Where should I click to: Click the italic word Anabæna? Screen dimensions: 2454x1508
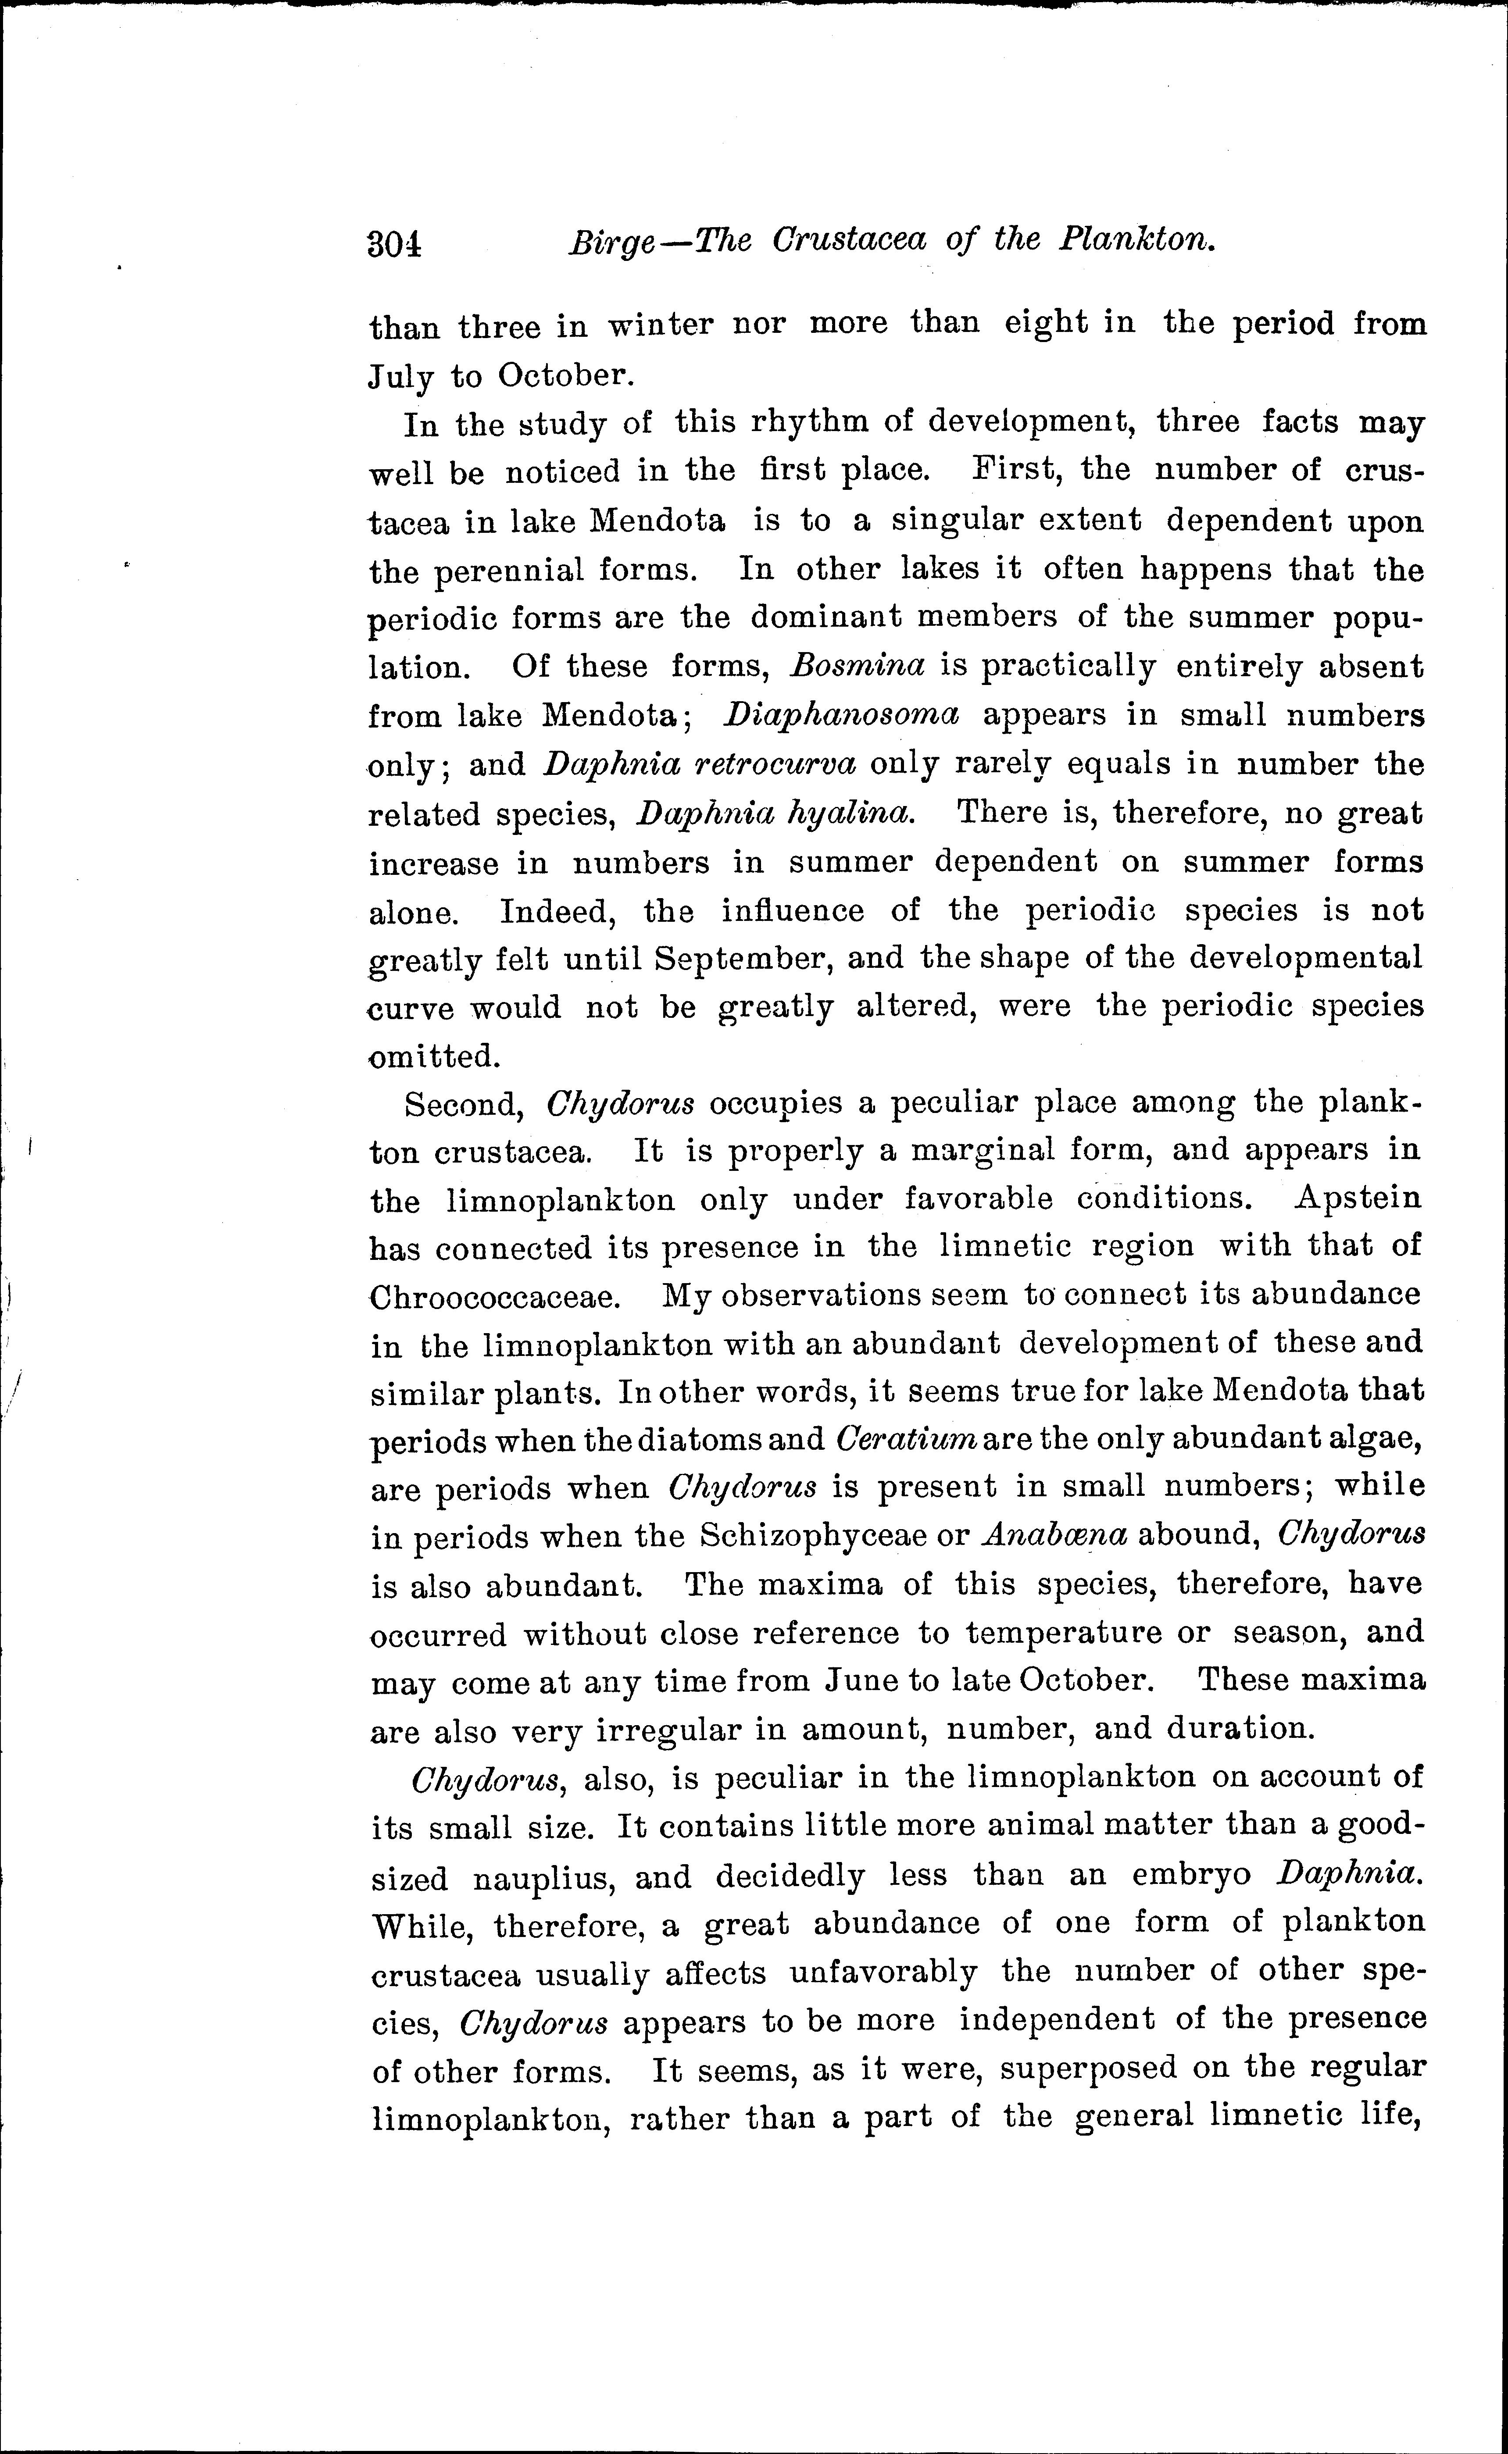coord(1054,1534)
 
